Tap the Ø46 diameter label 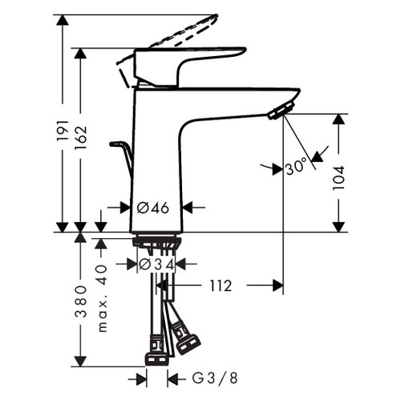(152, 208)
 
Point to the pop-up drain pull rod (123, 156)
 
